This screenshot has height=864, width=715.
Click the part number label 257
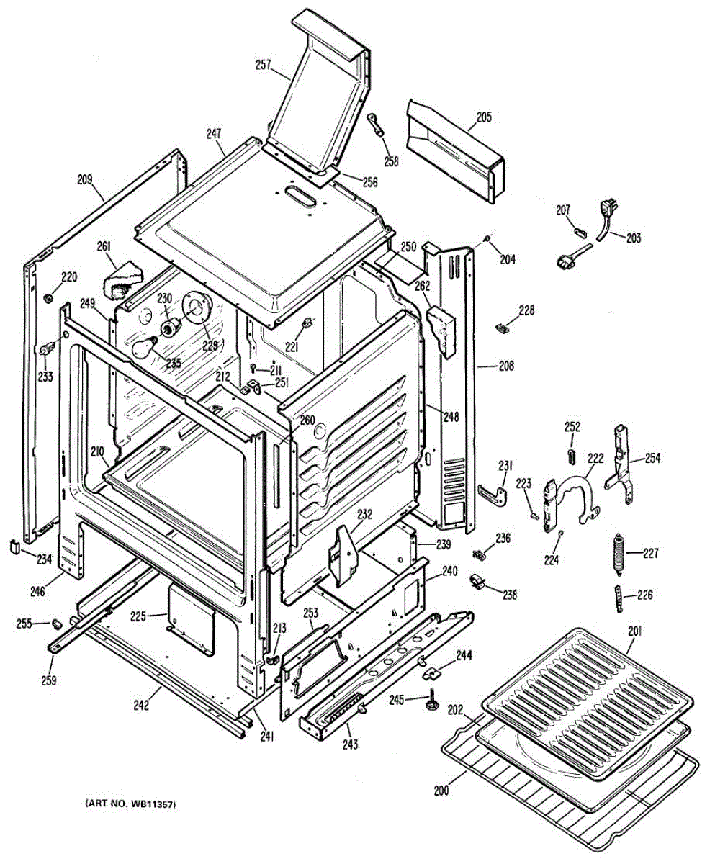263,66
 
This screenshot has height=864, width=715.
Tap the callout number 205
484,117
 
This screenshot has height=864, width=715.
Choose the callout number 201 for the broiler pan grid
635,631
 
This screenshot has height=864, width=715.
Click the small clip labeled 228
503,328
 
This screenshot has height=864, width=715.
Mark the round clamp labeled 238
476,581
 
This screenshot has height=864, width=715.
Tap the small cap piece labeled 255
58,621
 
